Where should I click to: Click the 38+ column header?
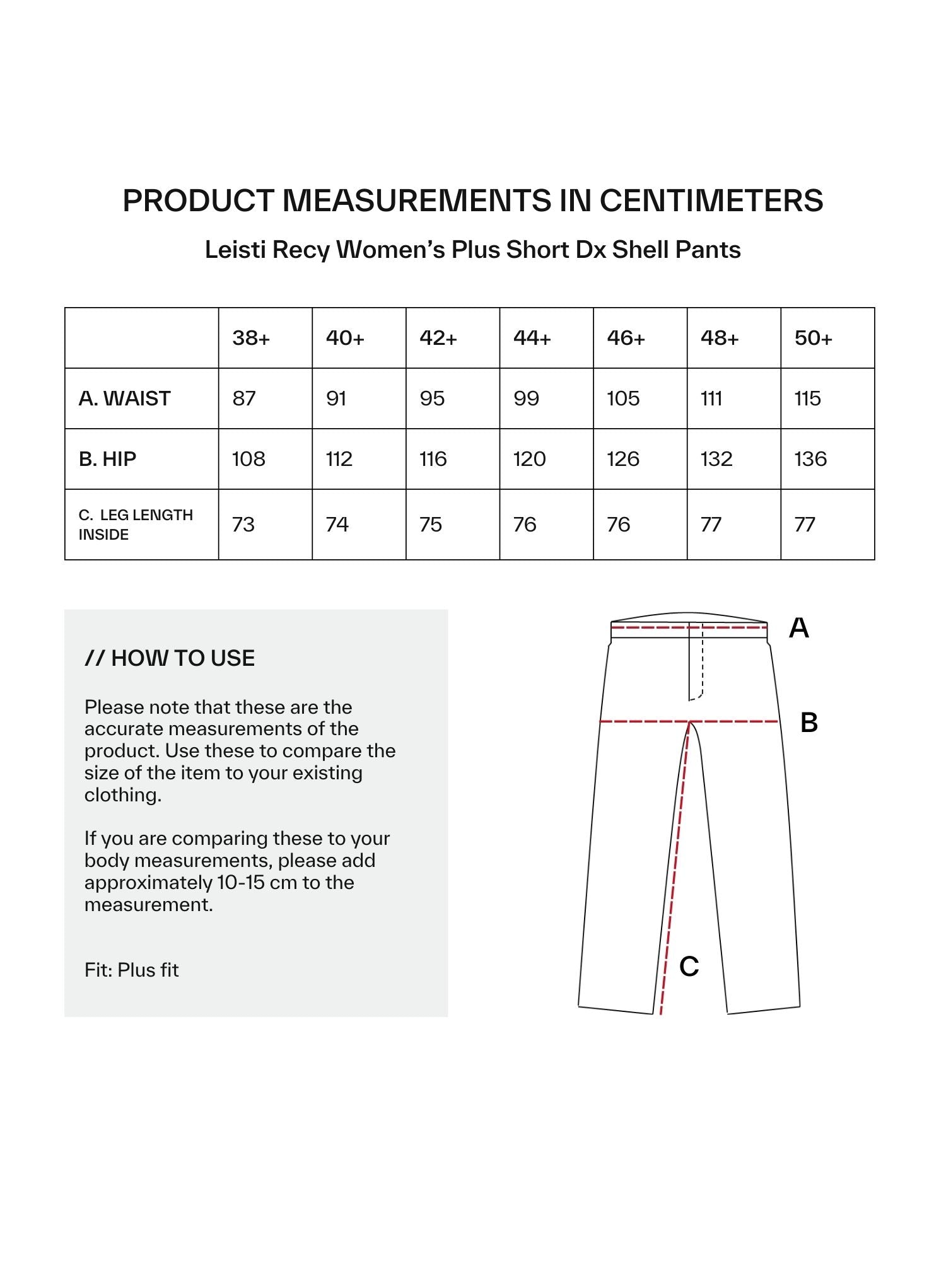(x=251, y=339)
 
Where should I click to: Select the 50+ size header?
(x=813, y=339)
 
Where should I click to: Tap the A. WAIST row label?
(x=125, y=398)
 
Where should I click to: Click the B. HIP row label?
(x=107, y=459)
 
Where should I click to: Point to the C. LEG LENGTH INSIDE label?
(x=136, y=525)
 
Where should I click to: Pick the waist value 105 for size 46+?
(x=623, y=398)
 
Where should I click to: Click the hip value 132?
(x=716, y=459)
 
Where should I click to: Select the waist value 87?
(x=244, y=398)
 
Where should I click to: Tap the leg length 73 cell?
(x=243, y=525)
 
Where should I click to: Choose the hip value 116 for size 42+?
(x=433, y=459)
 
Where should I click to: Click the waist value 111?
(x=711, y=398)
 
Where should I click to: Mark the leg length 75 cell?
(x=431, y=525)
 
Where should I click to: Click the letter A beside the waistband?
(x=799, y=628)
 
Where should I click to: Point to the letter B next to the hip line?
(x=809, y=723)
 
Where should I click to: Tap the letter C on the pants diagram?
(x=689, y=967)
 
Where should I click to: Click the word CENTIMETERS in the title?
(x=711, y=200)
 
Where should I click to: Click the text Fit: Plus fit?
(x=132, y=970)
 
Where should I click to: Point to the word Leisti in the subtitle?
(x=235, y=250)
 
